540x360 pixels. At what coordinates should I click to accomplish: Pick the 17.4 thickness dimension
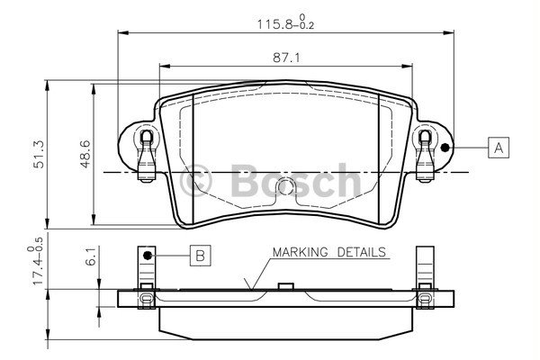pos(37,265)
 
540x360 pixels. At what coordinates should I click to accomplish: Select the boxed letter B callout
pos(200,256)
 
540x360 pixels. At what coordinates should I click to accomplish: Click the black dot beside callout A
pos(445,147)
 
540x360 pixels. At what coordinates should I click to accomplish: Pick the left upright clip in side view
pos(144,270)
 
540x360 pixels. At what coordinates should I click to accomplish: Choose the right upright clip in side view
pos(424,270)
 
